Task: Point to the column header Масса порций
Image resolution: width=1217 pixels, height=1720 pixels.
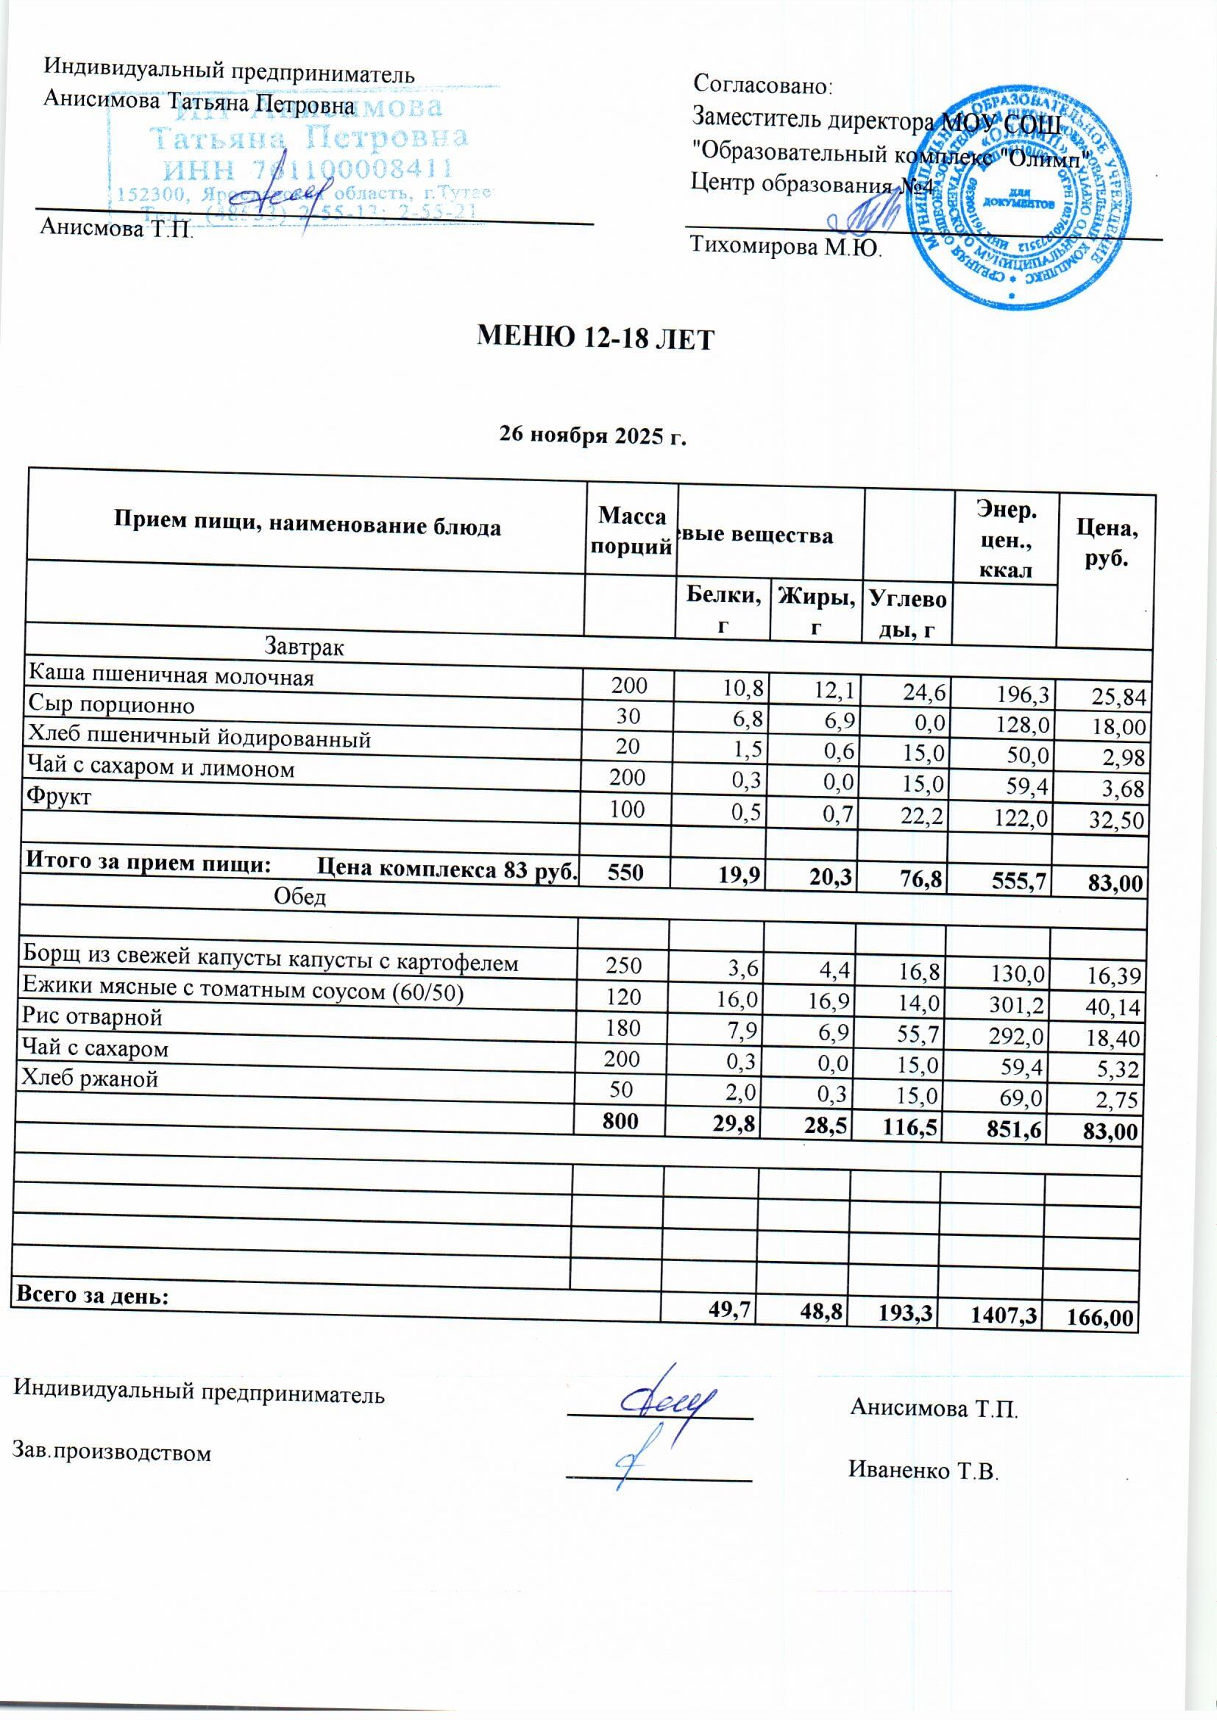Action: pos(631,530)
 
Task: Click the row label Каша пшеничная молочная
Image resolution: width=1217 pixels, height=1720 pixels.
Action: pos(171,677)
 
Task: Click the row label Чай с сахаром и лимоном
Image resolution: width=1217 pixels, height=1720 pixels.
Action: pos(160,768)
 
